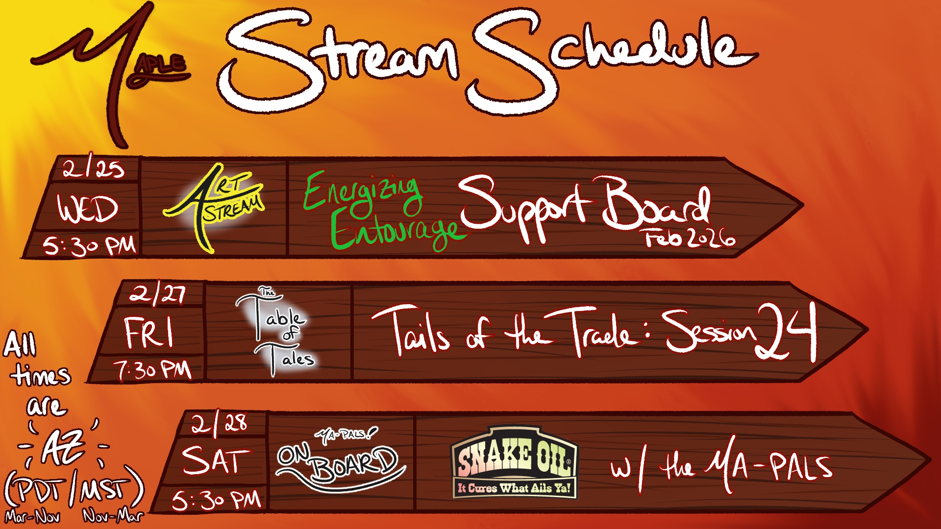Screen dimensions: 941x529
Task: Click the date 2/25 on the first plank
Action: pyautogui.click(x=93, y=169)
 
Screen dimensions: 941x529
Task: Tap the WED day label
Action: pyautogui.click(x=88, y=209)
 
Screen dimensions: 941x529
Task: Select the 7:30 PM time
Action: pyautogui.click(x=152, y=370)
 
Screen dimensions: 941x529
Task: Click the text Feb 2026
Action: pyautogui.click(x=690, y=238)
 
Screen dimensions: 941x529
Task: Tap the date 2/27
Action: pyautogui.click(x=158, y=294)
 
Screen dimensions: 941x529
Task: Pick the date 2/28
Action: pyautogui.click(x=219, y=424)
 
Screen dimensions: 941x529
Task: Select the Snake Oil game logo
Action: pyautogui.click(x=515, y=462)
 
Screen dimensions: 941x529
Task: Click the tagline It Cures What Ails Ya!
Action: pyautogui.click(x=515, y=488)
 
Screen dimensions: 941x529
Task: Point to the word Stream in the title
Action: pyautogui.click(x=338, y=61)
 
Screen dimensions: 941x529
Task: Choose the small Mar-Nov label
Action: pyautogui.click(x=33, y=517)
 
